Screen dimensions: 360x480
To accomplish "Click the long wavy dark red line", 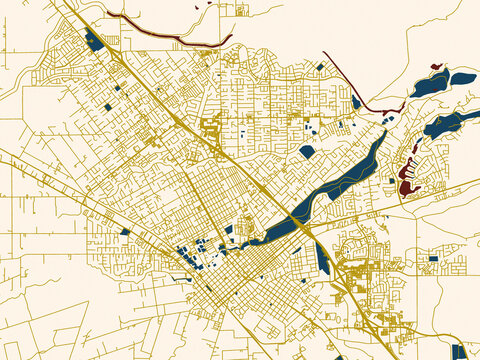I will click(x=160, y=33).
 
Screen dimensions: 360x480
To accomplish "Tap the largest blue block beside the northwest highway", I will click(x=95, y=41).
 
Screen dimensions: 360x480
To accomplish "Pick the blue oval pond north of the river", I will click(x=306, y=152).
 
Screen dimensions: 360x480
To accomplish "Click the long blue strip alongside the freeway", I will click(x=323, y=258).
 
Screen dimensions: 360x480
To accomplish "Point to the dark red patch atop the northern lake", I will click(x=436, y=67).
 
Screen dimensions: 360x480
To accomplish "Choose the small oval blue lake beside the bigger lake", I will click(x=462, y=78).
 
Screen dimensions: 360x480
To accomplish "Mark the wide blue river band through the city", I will click(x=340, y=185).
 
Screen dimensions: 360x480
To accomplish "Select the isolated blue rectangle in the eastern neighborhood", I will click(x=433, y=258).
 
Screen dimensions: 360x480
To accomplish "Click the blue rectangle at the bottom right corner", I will click(x=458, y=351).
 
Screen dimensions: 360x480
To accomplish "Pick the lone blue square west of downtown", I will click(x=125, y=232).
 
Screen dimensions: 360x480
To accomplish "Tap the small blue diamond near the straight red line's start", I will click(x=320, y=66).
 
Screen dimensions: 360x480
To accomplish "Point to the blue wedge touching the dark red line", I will click(x=356, y=101).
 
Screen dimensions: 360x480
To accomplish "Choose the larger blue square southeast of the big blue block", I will click(x=107, y=105).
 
